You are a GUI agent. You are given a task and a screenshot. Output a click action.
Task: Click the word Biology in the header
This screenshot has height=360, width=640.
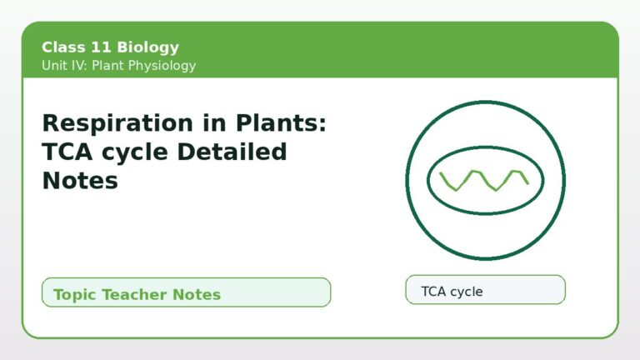pos(147,47)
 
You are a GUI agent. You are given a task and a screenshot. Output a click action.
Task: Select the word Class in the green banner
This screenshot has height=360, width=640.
pos(63,47)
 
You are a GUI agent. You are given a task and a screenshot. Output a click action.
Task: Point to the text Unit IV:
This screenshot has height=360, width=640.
pos(64,65)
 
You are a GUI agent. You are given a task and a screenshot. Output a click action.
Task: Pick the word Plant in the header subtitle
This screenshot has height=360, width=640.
pos(107,65)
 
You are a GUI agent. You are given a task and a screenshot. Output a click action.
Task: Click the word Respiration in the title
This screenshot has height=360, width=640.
pos(118,123)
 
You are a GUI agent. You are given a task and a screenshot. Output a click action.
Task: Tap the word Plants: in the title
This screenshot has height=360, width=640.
pos(281,122)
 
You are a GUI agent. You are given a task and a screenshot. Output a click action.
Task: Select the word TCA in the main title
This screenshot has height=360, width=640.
pos(67,152)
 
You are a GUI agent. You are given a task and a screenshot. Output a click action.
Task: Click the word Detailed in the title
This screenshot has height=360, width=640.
pos(232,152)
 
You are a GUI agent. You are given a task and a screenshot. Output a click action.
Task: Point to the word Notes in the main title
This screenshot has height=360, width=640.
pos(80,180)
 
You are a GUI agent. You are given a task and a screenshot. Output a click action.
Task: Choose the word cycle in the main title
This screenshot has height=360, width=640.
pos(135,153)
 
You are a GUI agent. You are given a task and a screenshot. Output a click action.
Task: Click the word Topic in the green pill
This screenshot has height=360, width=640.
pos(75,295)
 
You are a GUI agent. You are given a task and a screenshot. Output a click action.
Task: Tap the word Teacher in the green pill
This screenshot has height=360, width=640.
pos(134,294)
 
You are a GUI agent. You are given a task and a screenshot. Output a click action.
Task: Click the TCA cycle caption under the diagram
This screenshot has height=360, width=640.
pos(452,292)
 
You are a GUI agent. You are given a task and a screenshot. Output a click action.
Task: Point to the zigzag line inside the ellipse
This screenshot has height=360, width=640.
pos(484,181)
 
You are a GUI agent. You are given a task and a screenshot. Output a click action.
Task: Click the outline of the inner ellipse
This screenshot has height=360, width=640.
pos(485,147)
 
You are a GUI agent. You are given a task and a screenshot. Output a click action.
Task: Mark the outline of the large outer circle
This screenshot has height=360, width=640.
pos(485,102)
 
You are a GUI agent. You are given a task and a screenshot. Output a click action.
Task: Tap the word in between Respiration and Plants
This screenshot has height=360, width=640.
pos(214,122)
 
